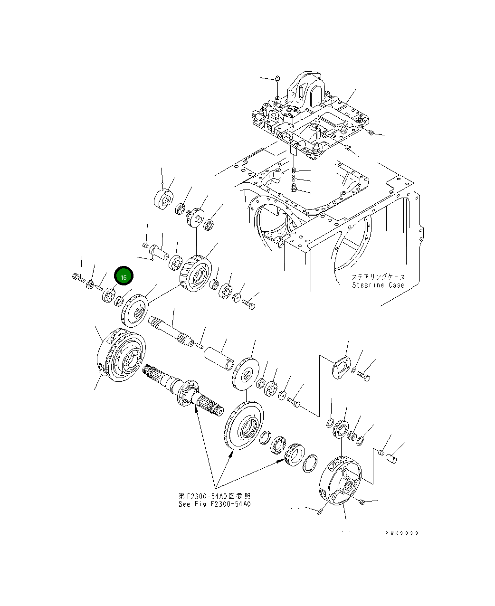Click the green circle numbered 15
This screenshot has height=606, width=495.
coord(124,276)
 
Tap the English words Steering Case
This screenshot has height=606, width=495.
coord(378,285)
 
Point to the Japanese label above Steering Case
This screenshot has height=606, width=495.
coord(378,276)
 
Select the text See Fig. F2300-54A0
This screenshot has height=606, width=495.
coord(214,504)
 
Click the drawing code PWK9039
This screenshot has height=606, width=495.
coord(402,533)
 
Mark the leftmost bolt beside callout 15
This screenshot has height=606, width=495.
coord(77,276)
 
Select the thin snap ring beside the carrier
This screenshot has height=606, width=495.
coord(310,463)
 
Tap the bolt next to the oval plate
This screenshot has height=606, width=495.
coord(364,377)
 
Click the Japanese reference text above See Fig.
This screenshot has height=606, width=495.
coord(214,496)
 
